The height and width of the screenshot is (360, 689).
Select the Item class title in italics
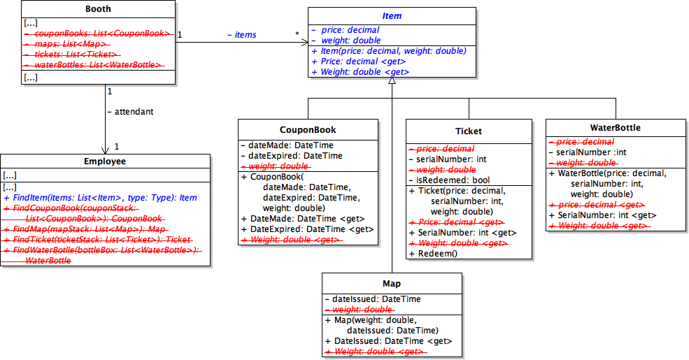[392, 16]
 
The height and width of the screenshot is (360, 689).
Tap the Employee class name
[104, 161]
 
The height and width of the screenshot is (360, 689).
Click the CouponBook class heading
[308, 129]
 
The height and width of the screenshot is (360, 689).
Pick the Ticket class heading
[469, 131]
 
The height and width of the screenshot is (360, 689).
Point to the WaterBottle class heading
[616, 128]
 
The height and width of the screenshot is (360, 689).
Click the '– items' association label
[242, 35]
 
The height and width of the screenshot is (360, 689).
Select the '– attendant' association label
[130, 111]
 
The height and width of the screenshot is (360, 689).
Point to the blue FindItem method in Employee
[100, 198]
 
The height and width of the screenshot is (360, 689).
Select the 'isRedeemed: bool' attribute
[448, 180]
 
